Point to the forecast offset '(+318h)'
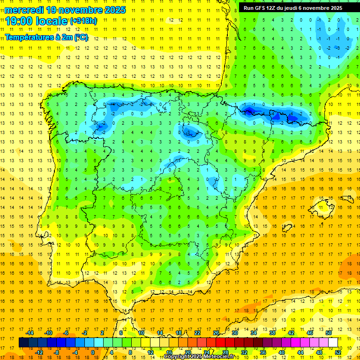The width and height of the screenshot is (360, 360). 83,21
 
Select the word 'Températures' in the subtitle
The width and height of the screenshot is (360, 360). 29,37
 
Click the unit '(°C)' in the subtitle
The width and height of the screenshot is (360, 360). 80,37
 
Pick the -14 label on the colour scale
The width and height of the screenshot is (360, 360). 30,332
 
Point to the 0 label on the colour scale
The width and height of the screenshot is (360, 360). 93,352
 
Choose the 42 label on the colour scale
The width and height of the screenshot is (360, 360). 291,332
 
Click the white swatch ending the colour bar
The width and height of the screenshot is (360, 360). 333,342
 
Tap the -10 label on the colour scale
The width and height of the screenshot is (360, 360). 48,332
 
